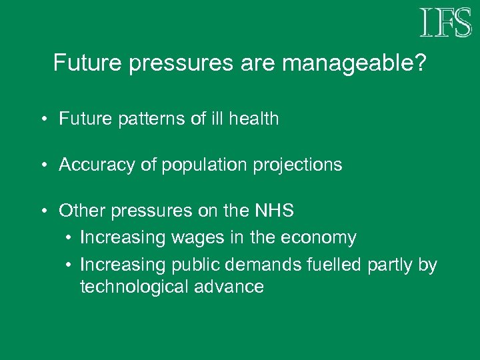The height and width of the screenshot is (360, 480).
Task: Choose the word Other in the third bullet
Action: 79,211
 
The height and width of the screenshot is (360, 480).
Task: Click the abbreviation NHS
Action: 273,211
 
